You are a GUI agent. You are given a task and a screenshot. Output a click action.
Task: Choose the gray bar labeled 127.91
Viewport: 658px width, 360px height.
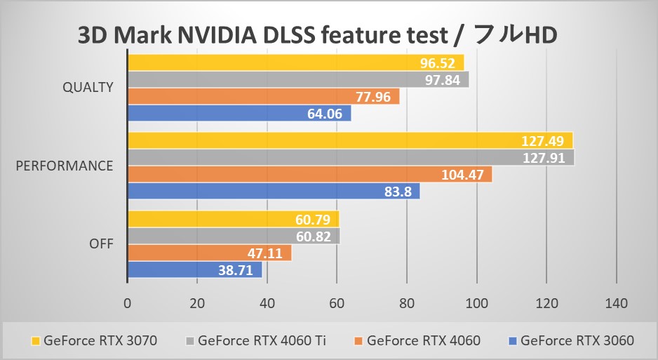tap(350, 157)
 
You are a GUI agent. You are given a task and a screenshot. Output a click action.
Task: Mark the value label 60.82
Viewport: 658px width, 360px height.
tap(313, 236)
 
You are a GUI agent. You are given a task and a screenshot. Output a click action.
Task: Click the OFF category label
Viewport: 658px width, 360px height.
tap(102, 244)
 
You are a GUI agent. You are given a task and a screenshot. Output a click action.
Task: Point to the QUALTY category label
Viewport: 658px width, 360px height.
tap(88, 88)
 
